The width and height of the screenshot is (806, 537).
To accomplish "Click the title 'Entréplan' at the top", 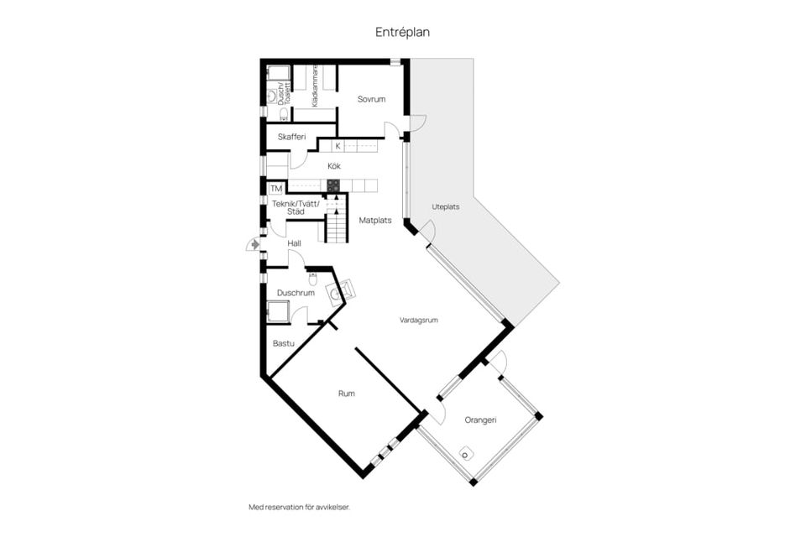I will pyautogui.click(x=402, y=32).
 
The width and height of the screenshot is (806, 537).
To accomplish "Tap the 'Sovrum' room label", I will pyautogui.click(x=371, y=99).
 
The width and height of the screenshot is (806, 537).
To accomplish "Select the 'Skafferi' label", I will pyautogui.click(x=291, y=136).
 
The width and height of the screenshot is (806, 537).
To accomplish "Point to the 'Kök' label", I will pyautogui.click(x=334, y=166).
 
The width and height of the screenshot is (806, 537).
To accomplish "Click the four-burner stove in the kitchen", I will pyautogui.click(x=333, y=185).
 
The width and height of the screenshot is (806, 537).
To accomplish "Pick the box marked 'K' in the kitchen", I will pyautogui.click(x=338, y=146).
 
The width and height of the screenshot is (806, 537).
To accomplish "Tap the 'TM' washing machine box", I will pyautogui.click(x=275, y=188).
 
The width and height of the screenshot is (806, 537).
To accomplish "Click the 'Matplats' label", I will pyautogui.click(x=375, y=221).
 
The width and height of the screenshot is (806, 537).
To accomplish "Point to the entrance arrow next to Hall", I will pyautogui.click(x=253, y=244).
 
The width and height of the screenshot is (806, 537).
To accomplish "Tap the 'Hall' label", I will pyautogui.click(x=294, y=243).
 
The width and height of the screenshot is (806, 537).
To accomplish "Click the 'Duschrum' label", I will pyautogui.click(x=296, y=293).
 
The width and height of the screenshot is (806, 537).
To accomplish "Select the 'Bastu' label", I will pyautogui.click(x=283, y=343).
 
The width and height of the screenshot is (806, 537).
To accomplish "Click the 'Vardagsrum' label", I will pyautogui.click(x=418, y=320).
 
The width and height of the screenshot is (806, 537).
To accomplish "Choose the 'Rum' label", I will pyautogui.click(x=346, y=393).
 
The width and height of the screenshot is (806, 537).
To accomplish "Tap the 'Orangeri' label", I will pyautogui.click(x=480, y=419).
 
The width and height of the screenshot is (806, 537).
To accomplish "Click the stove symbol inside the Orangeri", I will pyautogui.click(x=466, y=454).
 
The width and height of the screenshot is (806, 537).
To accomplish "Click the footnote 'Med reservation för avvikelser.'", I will pyautogui.click(x=298, y=507).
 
